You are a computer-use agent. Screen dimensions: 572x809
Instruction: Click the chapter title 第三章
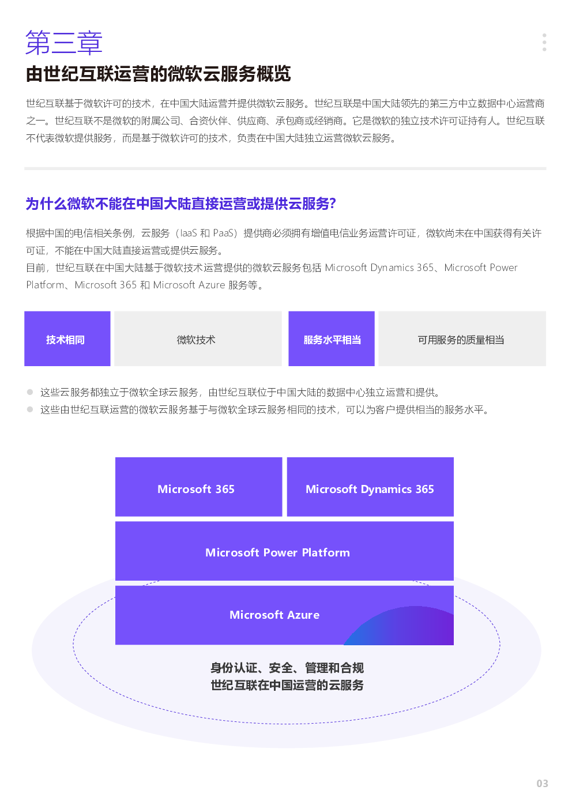click(x=64, y=43)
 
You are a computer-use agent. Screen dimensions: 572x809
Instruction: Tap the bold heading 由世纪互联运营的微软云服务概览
click(x=158, y=74)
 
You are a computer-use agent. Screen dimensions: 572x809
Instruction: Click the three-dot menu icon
click(x=544, y=42)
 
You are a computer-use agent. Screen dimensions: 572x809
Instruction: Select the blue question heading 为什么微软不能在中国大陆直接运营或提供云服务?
click(x=180, y=204)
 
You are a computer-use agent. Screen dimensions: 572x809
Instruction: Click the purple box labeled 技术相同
click(x=67, y=339)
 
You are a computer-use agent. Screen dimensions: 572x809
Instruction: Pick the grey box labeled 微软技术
click(x=198, y=339)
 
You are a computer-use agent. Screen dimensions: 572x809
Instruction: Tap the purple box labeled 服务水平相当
click(x=332, y=339)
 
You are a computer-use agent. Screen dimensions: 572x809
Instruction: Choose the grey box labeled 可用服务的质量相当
click(x=462, y=339)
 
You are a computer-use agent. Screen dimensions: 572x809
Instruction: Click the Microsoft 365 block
click(x=198, y=487)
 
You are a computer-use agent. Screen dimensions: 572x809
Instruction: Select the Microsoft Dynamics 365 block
click(x=370, y=487)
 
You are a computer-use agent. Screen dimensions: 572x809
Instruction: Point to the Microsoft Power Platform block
click(x=284, y=551)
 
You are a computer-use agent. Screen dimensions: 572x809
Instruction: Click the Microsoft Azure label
click(x=274, y=615)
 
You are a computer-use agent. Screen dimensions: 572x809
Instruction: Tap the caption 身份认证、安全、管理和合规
click(x=287, y=668)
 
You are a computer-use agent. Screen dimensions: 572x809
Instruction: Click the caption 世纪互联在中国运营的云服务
click(x=287, y=685)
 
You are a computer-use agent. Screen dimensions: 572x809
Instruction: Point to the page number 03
click(x=542, y=784)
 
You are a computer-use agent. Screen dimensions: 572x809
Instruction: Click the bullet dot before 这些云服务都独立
click(x=30, y=392)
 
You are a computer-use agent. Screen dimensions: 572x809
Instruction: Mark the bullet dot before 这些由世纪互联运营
click(x=30, y=409)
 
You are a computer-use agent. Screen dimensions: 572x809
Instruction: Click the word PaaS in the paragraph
click(x=223, y=233)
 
